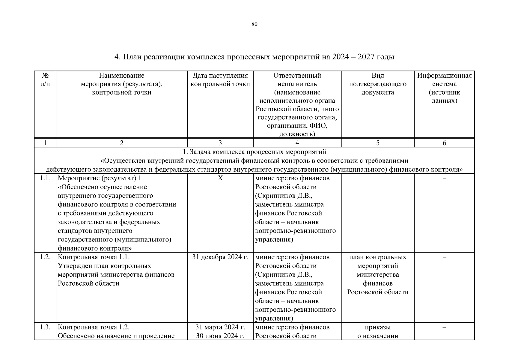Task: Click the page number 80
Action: pyautogui.click(x=254, y=24)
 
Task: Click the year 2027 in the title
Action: pyautogui.click(x=366, y=57)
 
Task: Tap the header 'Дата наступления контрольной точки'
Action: pyautogui.click(x=220, y=80)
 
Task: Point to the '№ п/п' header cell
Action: pyautogui.click(x=45, y=80)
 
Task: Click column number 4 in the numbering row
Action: pyautogui.click(x=297, y=143)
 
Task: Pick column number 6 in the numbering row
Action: pyautogui.click(x=444, y=143)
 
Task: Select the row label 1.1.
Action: pyautogui.click(x=45, y=178)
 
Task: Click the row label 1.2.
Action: pyautogui.click(x=45, y=257)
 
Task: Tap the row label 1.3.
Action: pyautogui.click(x=45, y=327)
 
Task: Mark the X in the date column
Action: pyautogui.click(x=220, y=178)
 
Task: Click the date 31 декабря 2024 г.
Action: pyautogui.click(x=220, y=257)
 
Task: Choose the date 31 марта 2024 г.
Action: pyautogui.click(x=220, y=327)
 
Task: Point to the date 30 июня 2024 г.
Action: pyautogui.click(x=220, y=336)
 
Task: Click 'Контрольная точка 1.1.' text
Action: pyautogui.click(x=94, y=257)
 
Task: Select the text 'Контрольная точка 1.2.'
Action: pyautogui.click(x=94, y=327)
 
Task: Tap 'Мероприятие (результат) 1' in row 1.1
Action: pyautogui.click(x=99, y=178)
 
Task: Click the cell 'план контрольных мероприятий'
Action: pyautogui.click(x=378, y=261)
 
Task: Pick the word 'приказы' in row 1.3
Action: pyautogui.click(x=378, y=327)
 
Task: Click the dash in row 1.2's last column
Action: pyautogui.click(x=444, y=257)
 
